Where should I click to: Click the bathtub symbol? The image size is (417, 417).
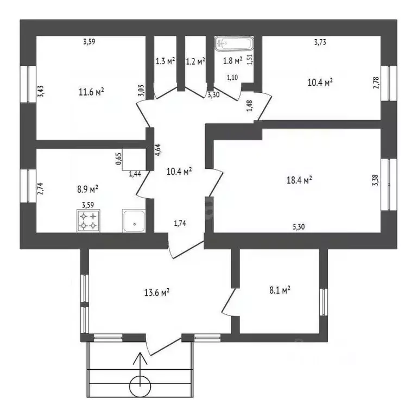pos(234,43)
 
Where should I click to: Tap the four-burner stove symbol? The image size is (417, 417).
pos(89,221)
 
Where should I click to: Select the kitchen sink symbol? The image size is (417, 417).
pos(134,221)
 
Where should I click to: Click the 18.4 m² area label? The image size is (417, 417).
pos(299,180)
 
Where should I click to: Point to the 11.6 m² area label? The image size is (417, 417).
pos(91,92)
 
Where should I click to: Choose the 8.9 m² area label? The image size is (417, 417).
pos(87,189)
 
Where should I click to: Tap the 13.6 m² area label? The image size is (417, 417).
pos(157,293)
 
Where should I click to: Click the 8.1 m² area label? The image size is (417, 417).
pos(280,290)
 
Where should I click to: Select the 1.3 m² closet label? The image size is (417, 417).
pos(165,61)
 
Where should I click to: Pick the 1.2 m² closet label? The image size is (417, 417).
pos(195,61)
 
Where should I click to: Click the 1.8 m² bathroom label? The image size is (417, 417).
pos(233,60)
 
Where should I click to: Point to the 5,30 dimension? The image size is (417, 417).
pos(299,227)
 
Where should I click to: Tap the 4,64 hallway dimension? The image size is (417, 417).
pos(157,150)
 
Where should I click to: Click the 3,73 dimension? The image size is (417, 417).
pos(320,42)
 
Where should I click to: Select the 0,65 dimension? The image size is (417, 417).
pos(119,159)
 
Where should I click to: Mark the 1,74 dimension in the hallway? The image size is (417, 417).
pos(180,223)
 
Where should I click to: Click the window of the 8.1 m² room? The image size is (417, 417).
pos(324,302)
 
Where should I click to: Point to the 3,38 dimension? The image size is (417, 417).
pos(376,180)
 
